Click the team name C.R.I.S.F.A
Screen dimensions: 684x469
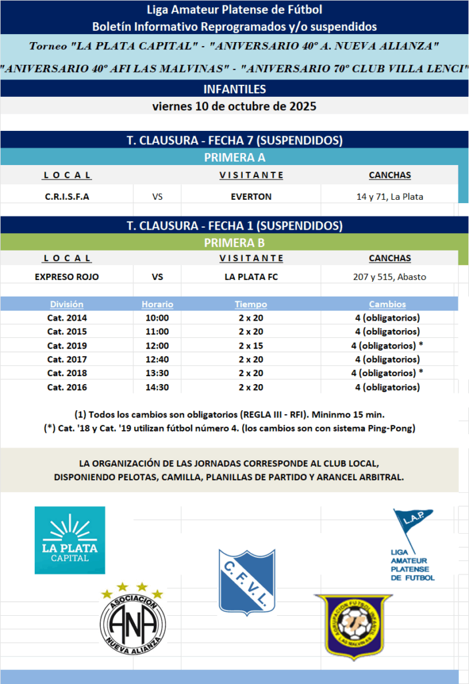point(67,196)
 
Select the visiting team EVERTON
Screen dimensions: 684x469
point(251,196)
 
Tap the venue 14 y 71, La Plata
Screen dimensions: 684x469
point(390,196)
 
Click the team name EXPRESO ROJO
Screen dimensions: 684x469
point(67,277)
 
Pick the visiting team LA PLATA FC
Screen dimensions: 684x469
point(251,277)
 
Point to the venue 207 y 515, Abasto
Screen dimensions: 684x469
point(390,277)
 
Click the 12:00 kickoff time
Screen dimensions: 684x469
point(157,345)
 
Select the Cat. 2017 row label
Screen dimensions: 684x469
point(67,359)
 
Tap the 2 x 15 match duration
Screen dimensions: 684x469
point(251,345)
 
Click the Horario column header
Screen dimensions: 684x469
point(157,304)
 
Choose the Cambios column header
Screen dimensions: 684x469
point(387,304)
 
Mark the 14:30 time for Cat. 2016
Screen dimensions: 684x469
point(157,387)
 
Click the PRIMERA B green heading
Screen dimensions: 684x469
point(234,243)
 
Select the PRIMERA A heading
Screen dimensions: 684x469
point(234,158)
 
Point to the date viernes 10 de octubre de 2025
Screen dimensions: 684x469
point(234,106)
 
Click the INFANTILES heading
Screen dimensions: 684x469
point(234,89)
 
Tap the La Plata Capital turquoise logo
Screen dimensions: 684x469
point(70,540)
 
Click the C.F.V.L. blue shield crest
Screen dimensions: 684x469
point(247,581)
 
